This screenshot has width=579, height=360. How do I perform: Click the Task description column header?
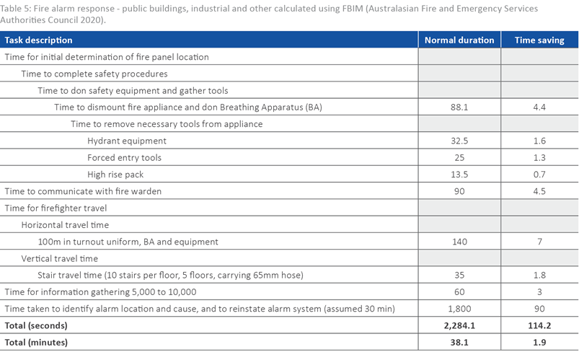39,40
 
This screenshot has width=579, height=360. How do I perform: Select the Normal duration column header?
459,40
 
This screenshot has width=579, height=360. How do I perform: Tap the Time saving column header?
539,40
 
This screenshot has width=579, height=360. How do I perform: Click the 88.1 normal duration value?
459,107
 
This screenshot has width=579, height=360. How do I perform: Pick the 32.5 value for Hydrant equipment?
459,141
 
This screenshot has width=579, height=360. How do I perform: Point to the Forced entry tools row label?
124,158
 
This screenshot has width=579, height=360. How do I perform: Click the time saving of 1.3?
539,158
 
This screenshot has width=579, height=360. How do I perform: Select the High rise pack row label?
115,175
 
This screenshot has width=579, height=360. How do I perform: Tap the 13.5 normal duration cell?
459,175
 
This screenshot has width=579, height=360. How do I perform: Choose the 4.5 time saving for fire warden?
539,191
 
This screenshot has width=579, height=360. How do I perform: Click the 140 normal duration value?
459,242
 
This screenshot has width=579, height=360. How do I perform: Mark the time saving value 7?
539,242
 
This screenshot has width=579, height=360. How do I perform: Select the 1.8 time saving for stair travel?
539,275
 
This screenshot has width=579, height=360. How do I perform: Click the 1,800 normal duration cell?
459,309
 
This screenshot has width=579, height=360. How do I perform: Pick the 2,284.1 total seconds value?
459,325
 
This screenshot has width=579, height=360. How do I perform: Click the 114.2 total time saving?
539,325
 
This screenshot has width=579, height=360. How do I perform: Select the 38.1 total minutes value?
459,342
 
